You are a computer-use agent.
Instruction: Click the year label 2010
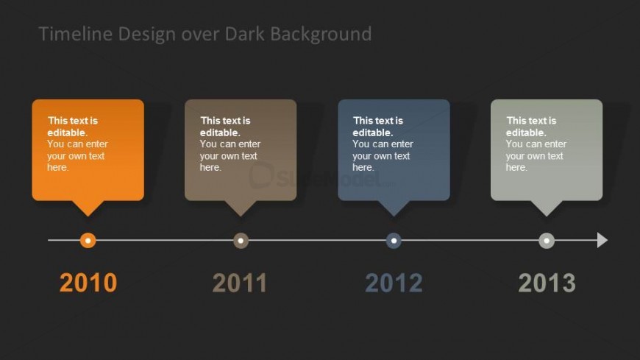click(x=88, y=283)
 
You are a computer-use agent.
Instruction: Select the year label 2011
click(x=241, y=283)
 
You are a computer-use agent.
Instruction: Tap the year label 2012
click(x=394, y=283)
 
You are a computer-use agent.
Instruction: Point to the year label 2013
click(x=547, y=283)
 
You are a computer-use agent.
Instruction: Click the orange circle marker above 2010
click(x=88, y=240)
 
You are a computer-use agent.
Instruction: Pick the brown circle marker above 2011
click(x=241, y=240)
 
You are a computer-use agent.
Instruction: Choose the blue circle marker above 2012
click(x=394, y=240)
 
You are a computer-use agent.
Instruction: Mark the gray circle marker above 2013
click(x=547, y=240)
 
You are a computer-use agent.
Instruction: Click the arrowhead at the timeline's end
click(x=602, y=240)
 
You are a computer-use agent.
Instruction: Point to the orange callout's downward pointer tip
click(x=88, y=214)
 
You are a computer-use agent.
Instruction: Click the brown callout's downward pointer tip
click(x=241, y=214)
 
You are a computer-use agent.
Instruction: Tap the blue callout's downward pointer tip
click(x=394, y=214)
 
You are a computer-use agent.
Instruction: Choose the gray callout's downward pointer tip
click(x=547, y=214)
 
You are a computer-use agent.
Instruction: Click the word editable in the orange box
click(x=66, y=133)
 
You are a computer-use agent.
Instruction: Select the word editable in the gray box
click(x=525, y=133)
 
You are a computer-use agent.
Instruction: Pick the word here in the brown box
click(x=210, y=168)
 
